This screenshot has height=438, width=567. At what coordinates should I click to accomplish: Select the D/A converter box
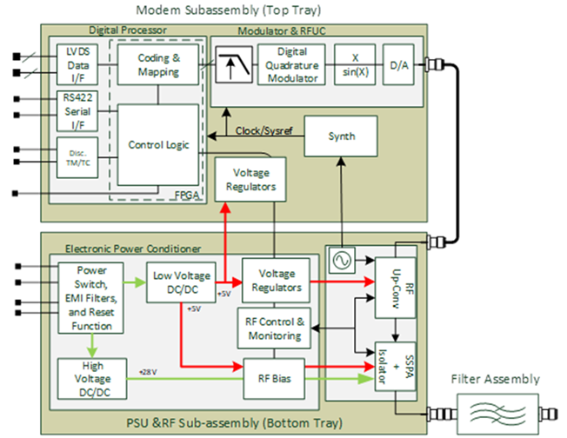click(x=397, y=63)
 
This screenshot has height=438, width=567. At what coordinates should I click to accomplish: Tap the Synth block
click(x=341, y=136)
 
